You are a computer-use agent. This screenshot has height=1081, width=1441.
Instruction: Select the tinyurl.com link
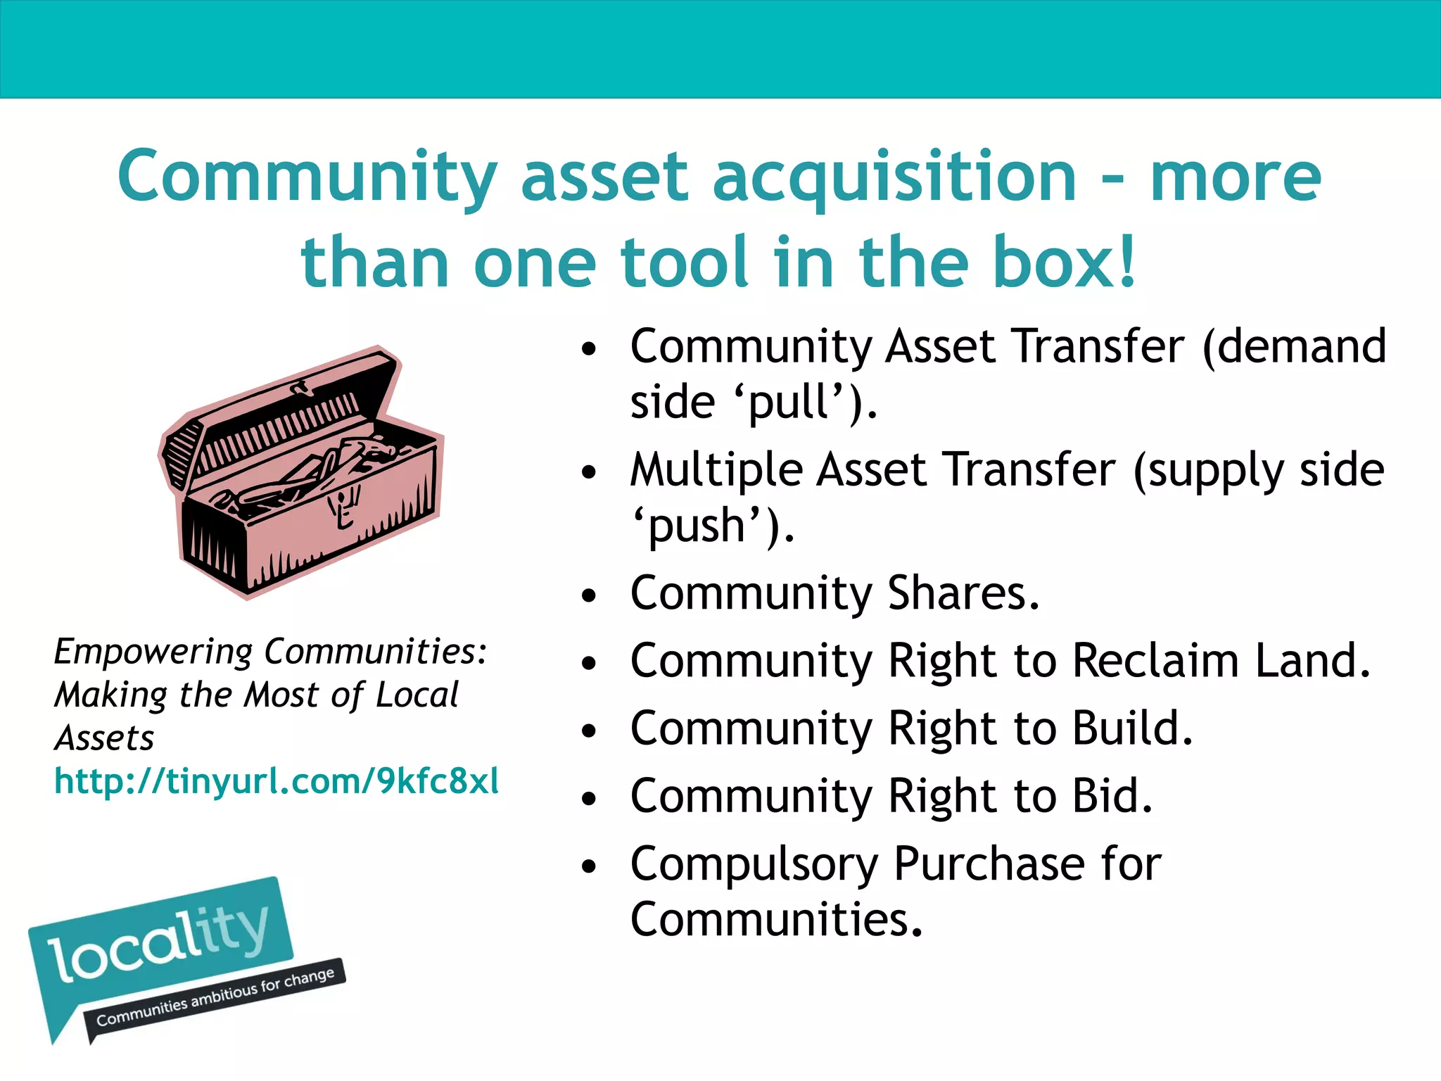tap(277, 781)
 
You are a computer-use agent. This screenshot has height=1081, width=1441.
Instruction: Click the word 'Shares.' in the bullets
tap(963, 593)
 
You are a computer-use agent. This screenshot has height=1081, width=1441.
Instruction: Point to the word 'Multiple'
tap(716, 470)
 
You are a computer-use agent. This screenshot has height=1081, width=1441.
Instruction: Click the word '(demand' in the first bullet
tap(1294, 346)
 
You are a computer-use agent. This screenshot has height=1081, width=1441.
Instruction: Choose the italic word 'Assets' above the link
tap(104, 738)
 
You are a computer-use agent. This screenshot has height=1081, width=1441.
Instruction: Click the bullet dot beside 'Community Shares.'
tap(589, 596)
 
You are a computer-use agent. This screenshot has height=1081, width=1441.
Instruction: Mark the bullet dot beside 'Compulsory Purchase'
tap(589, 867)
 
